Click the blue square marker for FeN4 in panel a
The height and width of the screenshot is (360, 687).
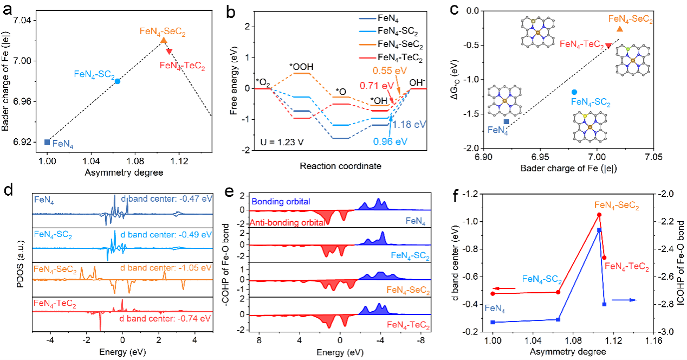47,142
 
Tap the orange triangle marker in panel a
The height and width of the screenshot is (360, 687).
164,40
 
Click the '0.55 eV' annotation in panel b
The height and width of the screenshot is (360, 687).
389,70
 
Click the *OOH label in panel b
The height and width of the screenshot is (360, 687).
301,66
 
